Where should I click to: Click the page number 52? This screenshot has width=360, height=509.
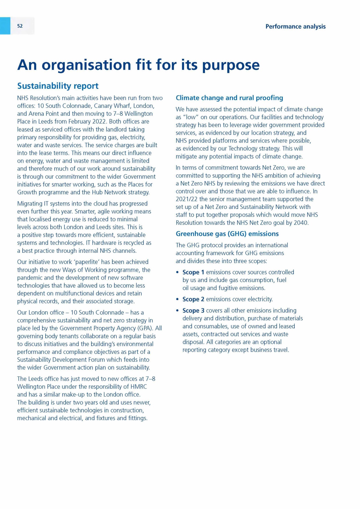pos(20,26)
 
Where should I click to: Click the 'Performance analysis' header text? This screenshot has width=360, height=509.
pos(295,27)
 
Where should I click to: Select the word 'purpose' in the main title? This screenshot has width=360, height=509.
pos(230,65)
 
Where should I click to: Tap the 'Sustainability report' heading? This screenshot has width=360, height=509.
pos(58,86)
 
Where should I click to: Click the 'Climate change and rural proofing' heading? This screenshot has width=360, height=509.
pos(229,98)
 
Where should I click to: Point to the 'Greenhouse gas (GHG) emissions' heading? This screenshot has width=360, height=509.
pos(227,234)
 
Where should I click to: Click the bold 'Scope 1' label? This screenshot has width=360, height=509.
pos(193,272)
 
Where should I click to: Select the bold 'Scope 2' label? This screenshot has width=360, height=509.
pos(193,299)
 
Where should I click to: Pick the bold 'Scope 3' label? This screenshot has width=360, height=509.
pos(193,311)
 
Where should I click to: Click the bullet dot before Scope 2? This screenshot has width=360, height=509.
pos(177,299)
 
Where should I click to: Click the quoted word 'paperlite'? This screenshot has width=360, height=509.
pos(87,262)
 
